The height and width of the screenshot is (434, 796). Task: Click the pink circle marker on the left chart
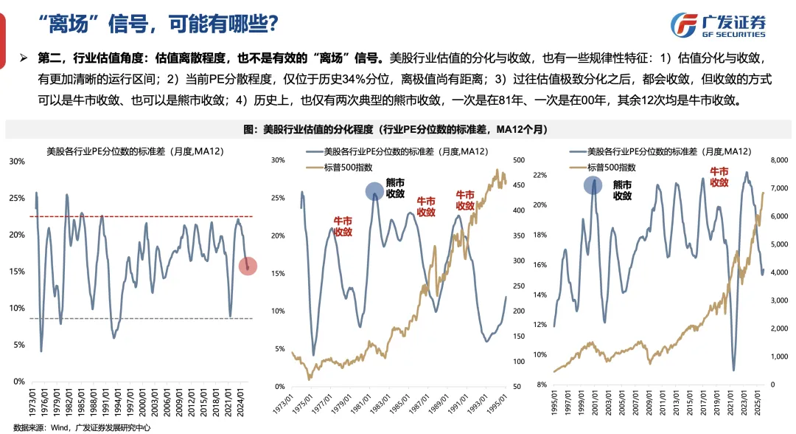[248, 266]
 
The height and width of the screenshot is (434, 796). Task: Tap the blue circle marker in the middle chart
[377, 191]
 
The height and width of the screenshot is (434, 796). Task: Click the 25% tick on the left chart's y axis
[15, 198]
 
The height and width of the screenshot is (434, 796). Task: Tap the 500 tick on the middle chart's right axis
[517, 160]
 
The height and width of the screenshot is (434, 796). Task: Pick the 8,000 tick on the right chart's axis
[780, 160]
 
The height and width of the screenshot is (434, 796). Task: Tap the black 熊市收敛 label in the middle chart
[395, 189]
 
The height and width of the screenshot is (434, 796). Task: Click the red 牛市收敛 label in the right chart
[718, 177]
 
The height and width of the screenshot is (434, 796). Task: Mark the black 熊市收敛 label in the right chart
[623, 190]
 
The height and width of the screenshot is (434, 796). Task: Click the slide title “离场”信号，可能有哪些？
[158, 25]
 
